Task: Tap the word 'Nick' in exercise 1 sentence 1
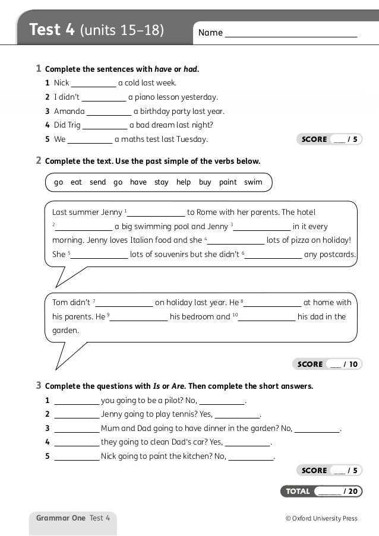point(61,83)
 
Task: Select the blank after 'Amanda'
point(109,111)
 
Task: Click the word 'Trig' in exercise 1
point(74,125)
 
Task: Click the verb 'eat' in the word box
point(76,182)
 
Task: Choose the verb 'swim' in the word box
point(253,182)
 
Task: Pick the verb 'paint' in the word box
point(228,182)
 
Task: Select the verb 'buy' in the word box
point(205,182)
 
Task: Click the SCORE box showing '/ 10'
point(327,364)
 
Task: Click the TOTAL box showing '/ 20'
point(321,491)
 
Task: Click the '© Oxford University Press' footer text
point(321,518)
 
